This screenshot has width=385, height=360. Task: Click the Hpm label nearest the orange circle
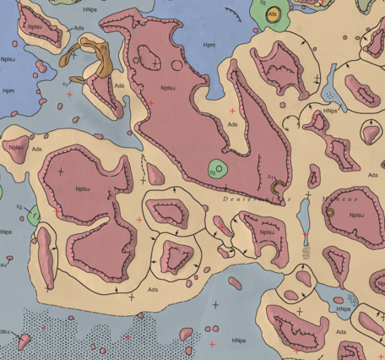(208, 42)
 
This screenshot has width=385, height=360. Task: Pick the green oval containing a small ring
(219, 170)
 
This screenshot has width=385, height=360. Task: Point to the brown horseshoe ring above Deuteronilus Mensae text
(276, 182)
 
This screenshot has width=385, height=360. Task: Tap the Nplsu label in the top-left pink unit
(35, 28)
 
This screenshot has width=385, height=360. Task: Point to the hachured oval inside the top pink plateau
(149, 57)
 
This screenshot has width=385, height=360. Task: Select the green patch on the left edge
(33, 214)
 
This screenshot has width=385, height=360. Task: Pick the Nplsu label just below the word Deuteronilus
(266, 232)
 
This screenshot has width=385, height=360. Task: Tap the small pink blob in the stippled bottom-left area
(24, 341)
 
